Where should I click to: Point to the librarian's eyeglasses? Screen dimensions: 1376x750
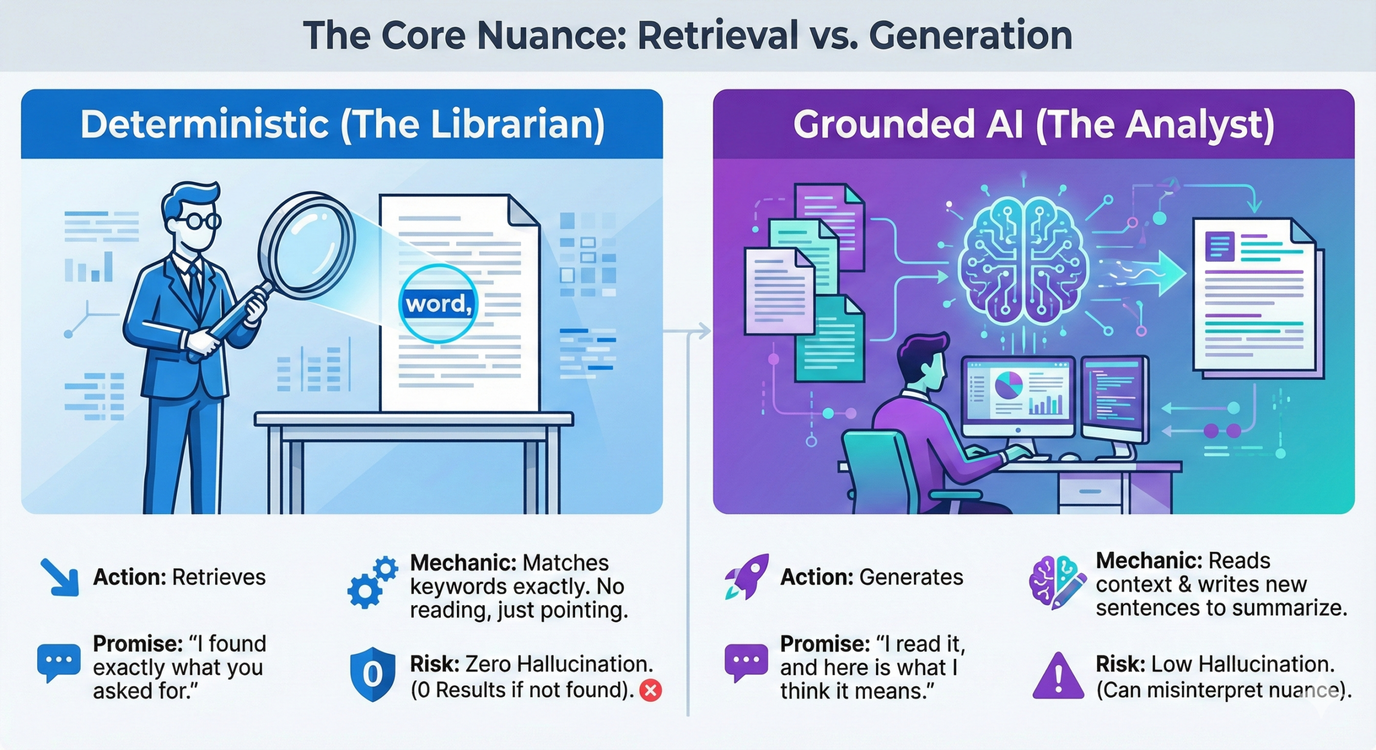[197, 220]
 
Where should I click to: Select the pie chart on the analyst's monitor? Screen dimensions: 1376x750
[1009, 386]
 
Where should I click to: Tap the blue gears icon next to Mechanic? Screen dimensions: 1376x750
[372, 582]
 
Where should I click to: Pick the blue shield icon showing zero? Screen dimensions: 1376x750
[372, 674]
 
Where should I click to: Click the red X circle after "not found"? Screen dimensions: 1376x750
[650, 690]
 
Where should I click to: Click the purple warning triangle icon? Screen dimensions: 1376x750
[1058, 676]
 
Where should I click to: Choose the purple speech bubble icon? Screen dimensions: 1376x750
[746, 662]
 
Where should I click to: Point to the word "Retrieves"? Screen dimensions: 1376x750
[219, 578]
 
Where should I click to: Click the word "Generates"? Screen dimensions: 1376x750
[911, 578]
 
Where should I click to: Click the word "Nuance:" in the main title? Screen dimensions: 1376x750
[551, 36]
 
